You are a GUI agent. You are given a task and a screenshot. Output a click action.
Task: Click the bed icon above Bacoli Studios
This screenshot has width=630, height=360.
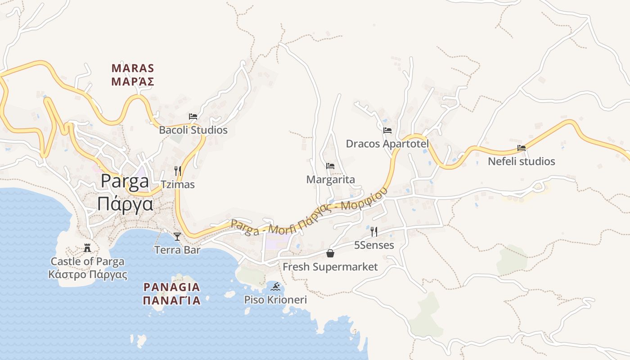193,116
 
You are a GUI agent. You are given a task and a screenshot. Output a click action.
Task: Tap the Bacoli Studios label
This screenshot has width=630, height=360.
193,130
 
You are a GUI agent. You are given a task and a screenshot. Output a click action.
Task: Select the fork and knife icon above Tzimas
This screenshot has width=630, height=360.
178,171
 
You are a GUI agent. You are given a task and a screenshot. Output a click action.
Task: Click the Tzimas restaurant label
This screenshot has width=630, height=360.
178,184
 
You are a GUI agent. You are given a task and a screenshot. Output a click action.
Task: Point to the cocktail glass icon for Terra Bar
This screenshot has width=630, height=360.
177,236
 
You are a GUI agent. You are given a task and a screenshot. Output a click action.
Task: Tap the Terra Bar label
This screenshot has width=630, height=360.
177,250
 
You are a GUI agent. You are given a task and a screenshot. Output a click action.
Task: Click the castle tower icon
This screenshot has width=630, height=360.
87,248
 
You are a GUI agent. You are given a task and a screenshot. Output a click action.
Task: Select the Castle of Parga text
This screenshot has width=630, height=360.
87,261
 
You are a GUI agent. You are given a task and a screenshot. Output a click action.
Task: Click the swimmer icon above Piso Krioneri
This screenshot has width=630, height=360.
275,286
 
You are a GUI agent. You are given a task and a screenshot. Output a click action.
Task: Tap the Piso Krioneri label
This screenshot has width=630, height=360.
275,300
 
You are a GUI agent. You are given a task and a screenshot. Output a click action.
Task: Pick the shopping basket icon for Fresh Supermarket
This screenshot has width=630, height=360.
330,253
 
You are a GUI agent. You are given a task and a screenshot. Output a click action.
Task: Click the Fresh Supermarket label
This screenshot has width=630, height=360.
330,267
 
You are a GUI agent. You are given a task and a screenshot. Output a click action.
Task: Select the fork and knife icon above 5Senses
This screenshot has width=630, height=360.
374,232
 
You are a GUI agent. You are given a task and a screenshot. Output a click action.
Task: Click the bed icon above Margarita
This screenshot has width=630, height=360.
330,166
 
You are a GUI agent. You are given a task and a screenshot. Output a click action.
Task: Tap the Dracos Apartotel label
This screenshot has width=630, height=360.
387,144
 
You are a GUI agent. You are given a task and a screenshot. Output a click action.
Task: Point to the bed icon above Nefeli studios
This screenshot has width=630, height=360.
522,148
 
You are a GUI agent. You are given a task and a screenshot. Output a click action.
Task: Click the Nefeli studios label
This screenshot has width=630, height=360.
522,161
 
